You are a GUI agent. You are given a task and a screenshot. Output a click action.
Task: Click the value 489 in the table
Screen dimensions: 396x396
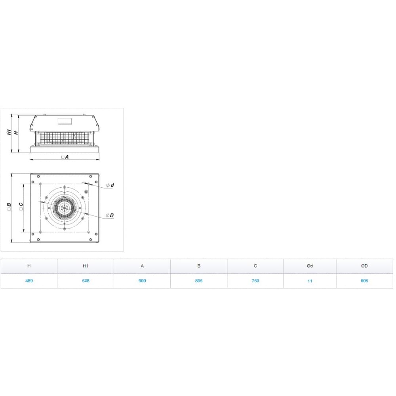click(x=29, y=281)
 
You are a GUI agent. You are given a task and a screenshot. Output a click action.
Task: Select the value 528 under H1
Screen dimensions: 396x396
click(x=86, y=281)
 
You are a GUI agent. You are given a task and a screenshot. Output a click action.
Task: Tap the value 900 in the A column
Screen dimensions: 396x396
click(x=142, y=281)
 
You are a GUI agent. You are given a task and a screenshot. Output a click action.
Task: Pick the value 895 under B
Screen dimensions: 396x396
click(x=199, y=281)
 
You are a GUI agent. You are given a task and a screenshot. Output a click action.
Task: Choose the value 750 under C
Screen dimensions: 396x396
click(x=255, y=281)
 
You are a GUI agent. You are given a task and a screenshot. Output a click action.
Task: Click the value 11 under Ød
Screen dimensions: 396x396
click(x=310, y=281)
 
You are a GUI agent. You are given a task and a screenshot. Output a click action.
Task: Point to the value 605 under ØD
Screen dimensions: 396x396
click(x=365, y=281)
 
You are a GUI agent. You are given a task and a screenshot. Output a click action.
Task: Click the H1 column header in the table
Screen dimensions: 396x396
click(x=86, y=266)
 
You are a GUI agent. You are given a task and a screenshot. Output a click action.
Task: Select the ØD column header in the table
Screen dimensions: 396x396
click(x=365, y=266)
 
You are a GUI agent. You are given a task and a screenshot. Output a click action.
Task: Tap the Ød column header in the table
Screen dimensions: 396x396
click(x=310, y=266)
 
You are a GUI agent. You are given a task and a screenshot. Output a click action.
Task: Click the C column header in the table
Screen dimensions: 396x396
click(x=255, y=266)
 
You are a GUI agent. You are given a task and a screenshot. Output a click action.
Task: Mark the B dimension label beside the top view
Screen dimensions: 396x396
click(x=9, y=206)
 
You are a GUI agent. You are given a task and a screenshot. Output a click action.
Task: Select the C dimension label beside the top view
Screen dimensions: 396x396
click(x=21, y=206)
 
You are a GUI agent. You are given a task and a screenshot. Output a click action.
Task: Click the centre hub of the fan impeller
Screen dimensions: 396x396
click(x=64, y=207)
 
